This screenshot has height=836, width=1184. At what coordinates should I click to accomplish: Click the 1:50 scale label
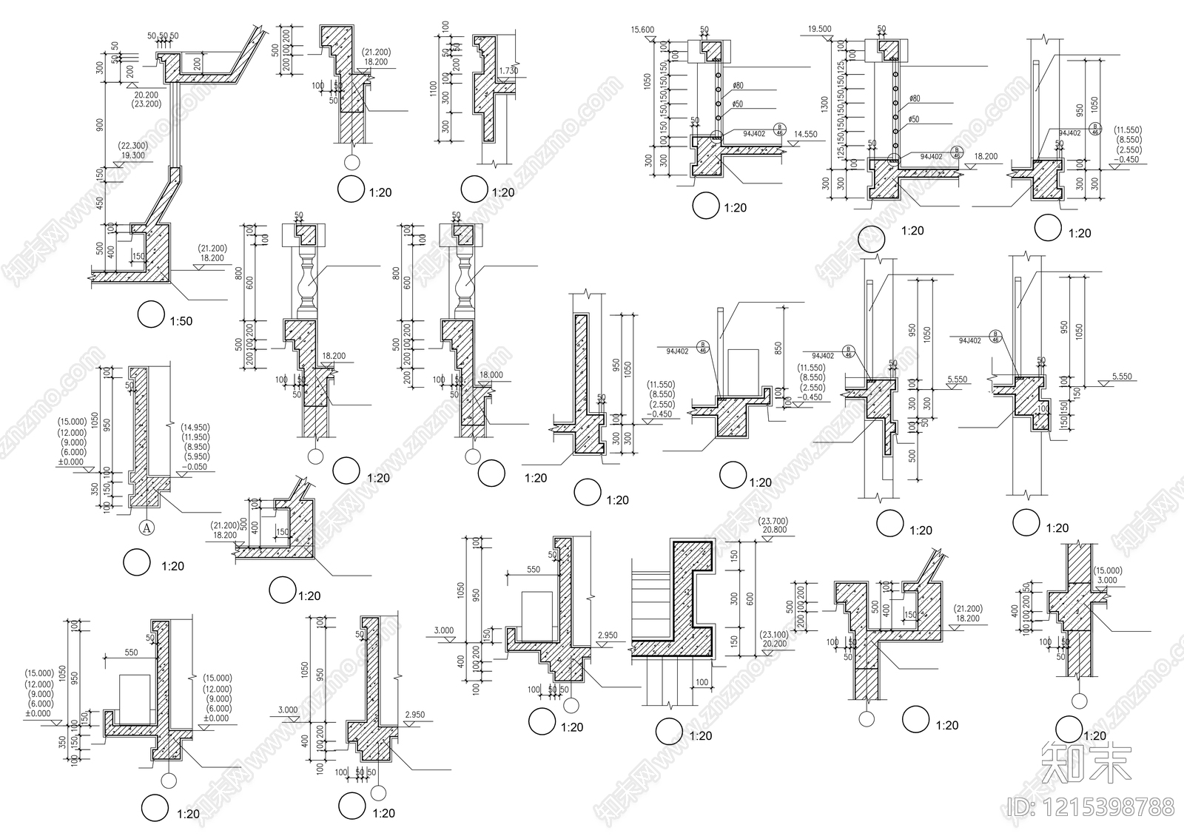181,321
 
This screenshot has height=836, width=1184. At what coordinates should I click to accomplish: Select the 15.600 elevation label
644,30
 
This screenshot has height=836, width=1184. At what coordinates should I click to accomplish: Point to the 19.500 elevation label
819,30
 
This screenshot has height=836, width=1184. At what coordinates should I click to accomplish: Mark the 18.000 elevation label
491,375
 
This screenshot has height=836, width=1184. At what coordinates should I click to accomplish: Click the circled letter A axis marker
147,527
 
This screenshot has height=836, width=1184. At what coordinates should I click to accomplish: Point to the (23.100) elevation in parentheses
774,635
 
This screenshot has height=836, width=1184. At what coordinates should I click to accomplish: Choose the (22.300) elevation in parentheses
132,146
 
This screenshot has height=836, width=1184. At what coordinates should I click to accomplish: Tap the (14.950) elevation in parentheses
195,427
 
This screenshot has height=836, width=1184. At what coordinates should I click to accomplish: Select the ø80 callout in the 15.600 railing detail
739,86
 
